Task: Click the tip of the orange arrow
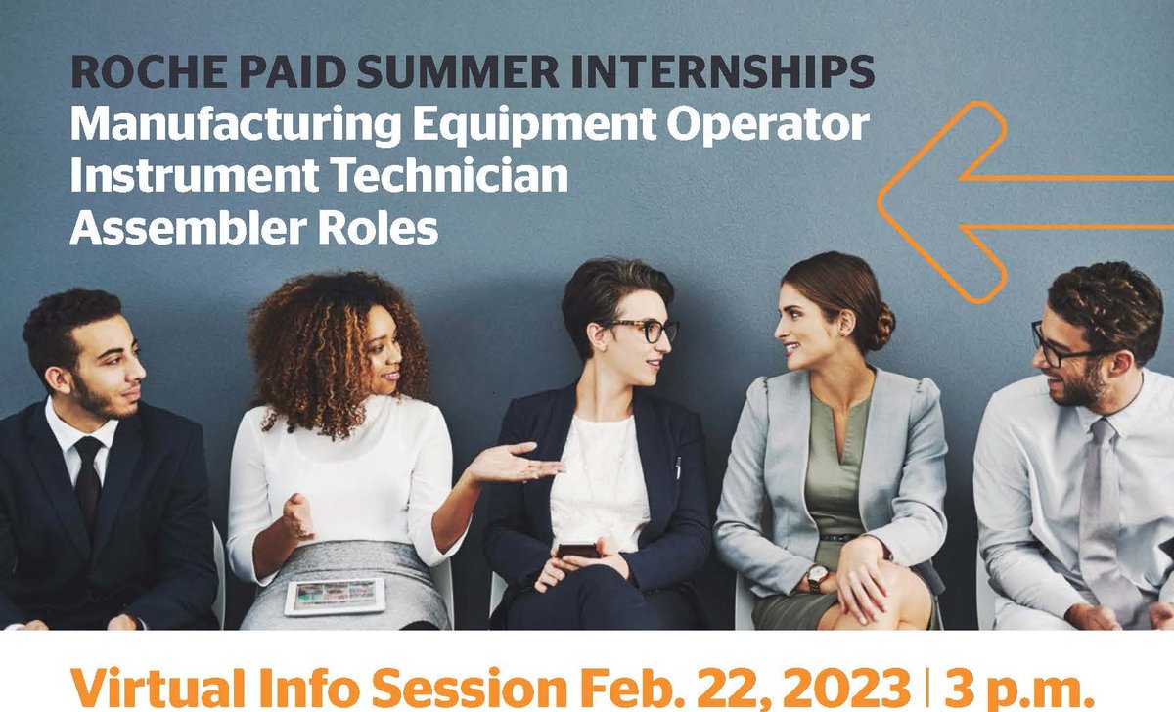tap(881, 202)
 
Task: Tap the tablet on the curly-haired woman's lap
tap(334, 596)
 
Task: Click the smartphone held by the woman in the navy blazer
tap(578, 550)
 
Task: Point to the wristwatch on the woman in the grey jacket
tap(816, 578)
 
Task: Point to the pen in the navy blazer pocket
tap(676, 467)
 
